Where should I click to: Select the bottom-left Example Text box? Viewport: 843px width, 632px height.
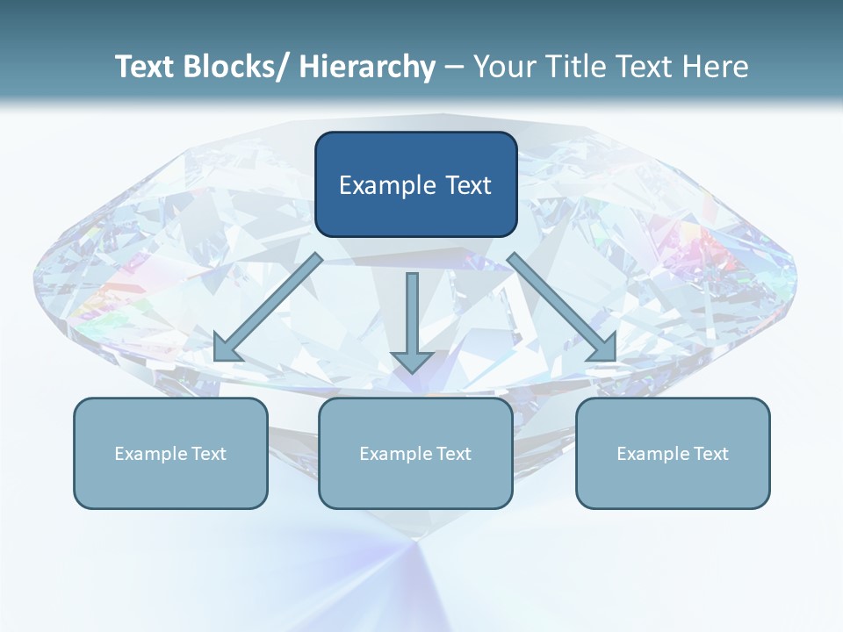click(x=170, y=453)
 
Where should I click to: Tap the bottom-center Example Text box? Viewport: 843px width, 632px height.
click(x=415, y=453)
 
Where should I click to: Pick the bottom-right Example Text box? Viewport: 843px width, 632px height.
click(x=673, y=453)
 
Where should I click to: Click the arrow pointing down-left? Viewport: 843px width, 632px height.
click(x=267, y=308)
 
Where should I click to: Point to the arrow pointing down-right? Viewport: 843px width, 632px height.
click(x=562, y=307)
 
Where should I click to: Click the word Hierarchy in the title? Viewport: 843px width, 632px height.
click(x=367, y=67)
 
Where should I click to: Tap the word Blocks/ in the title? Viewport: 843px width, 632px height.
click(x=235, y=67)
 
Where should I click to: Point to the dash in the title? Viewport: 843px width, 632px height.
click(x=454, y=68)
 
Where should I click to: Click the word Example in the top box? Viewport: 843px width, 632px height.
click(x=380, y=185)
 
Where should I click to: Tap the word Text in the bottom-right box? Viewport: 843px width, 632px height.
click(x=710, y=453)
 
